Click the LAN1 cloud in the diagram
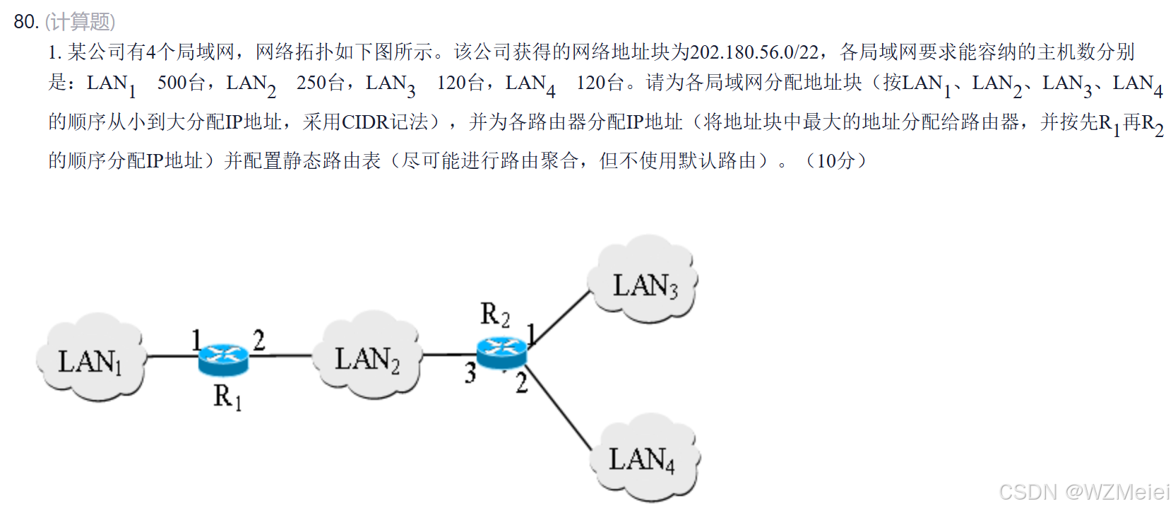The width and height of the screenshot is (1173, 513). click(x=90, y=358)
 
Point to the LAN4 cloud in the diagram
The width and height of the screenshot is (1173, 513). click(x=643, y=457)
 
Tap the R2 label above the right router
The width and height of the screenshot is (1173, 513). click(x=494, y=314)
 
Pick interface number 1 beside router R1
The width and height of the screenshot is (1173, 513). click(x=197, y=341)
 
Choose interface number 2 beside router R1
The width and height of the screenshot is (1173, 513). click(x=259, y=341)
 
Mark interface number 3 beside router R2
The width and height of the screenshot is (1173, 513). click(x=470, y=372)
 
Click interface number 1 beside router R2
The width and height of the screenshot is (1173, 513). click(x=532, y=333)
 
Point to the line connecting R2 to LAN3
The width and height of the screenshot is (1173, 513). click(x=561, y=318)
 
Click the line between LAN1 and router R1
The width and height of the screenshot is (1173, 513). click(x=171, y=355)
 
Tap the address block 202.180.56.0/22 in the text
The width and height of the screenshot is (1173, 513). click(x=754, y=52)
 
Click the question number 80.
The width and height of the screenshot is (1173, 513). click(x=25, y=22)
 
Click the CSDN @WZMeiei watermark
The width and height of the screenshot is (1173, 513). click(x=1083, y=492)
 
